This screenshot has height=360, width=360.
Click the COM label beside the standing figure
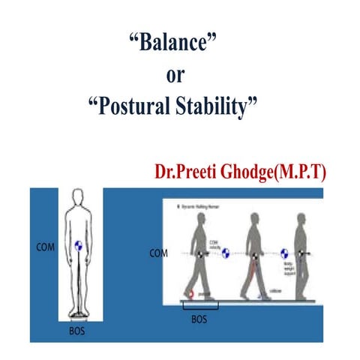coord(45,244)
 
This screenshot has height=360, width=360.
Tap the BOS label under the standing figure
coord(77,328)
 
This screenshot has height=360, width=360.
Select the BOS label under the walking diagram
coord(201,319)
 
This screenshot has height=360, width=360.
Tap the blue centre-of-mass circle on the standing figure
coord(79,244)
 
